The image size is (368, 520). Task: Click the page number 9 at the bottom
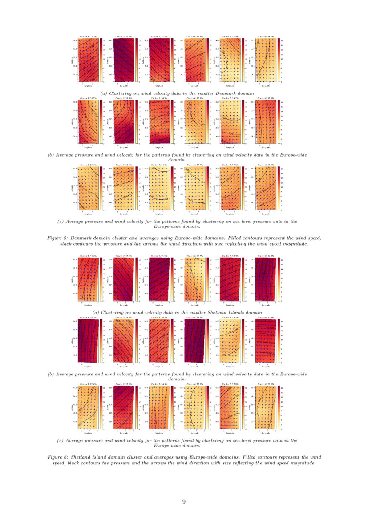point(184,502)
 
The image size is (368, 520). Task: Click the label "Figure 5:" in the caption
point(57,238)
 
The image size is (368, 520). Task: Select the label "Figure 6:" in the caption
point(57,457)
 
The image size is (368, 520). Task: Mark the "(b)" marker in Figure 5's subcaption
point(51,155)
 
